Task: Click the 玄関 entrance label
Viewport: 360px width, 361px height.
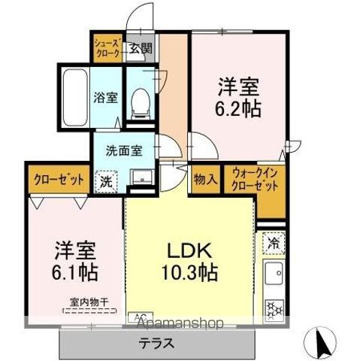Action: tap(140, 49)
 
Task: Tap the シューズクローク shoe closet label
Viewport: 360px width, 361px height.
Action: tap(107, 50)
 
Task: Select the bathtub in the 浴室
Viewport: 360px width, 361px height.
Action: tap(74, 98)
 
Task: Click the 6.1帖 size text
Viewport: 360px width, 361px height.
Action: tap(76, 268)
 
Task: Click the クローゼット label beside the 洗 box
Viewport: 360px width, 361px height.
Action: tap(57, 180)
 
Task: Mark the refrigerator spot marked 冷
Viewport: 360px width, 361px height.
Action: tap(274, 243)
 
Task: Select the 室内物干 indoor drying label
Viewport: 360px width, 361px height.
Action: tap(89, 302)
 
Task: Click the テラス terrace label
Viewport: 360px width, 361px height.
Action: tap(157, 344)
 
